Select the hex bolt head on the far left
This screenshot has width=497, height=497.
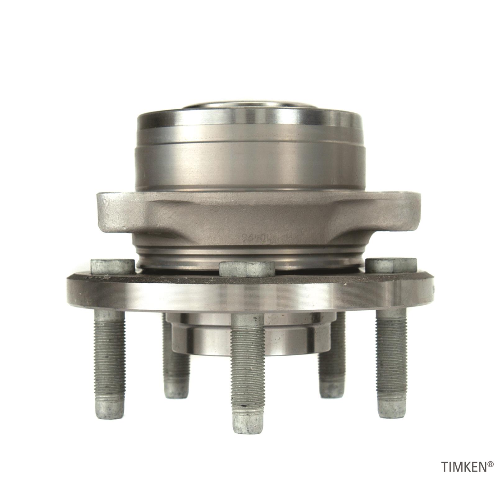tap(112, 265)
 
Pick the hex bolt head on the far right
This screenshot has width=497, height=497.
tap(391, 265)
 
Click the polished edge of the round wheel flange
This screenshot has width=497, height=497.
tap(248, 295)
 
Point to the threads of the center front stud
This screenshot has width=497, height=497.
tap(248, 357)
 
